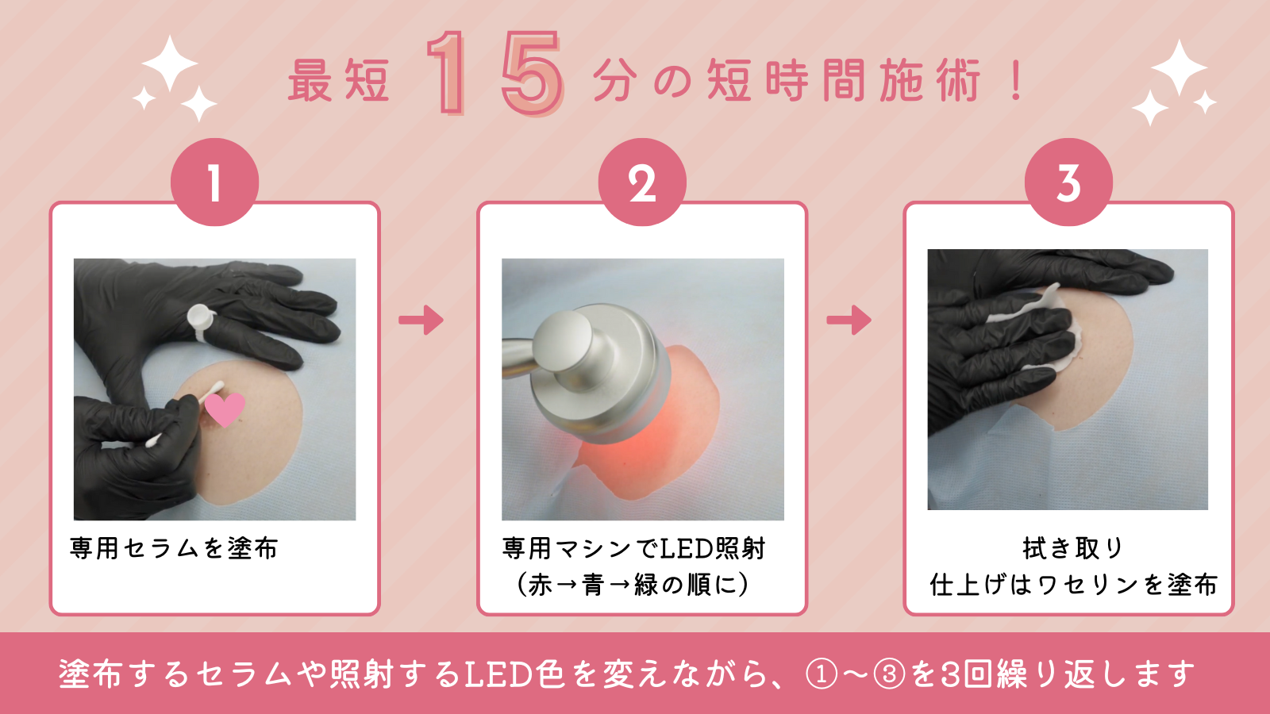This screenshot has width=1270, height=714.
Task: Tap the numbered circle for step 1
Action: [215, 182]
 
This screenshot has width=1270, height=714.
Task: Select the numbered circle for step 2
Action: [642, 182]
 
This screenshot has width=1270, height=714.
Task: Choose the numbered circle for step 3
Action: [1068, 182]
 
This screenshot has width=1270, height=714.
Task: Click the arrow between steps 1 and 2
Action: [421, 321]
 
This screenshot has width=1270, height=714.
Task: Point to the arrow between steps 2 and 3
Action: [849, 321]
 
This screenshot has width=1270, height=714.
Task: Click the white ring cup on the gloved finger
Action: [200, 318]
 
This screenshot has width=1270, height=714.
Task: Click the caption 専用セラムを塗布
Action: [174, 548]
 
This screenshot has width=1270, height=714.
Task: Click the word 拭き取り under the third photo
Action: [1072, 548]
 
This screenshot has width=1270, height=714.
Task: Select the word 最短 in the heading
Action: [339, 81]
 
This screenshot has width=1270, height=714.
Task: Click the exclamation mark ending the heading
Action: [1017, 81]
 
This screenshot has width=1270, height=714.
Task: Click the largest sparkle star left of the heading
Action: [170, 63]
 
